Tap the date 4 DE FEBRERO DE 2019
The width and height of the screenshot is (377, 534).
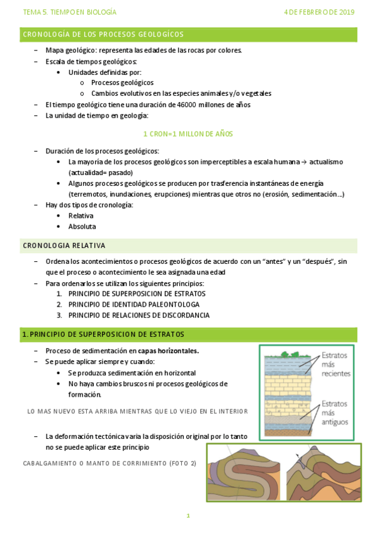[x=319, y=12]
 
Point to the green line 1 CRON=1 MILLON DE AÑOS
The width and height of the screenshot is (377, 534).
[x=188, y=133]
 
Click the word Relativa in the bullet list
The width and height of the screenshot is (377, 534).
[x=81, y=215]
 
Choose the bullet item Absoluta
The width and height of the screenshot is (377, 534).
[x=82, y=227]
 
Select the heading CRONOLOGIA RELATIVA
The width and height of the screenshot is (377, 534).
[x=64, y=246]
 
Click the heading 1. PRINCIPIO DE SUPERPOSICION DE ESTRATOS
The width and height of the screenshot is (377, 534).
[x=103, y=334]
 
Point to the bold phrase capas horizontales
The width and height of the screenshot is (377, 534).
[x=172, y=351]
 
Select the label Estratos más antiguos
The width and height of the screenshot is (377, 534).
[x=335, y=413]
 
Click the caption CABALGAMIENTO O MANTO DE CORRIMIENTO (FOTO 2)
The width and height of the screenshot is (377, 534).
[x=109, y=463]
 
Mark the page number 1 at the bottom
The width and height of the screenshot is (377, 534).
[x=188, y=516]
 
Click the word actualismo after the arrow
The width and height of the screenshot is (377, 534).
[x=325, y=162]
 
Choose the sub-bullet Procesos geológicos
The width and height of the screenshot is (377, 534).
[x=122, y=82]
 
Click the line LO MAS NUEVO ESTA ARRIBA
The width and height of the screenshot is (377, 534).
[x=138, y=411]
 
